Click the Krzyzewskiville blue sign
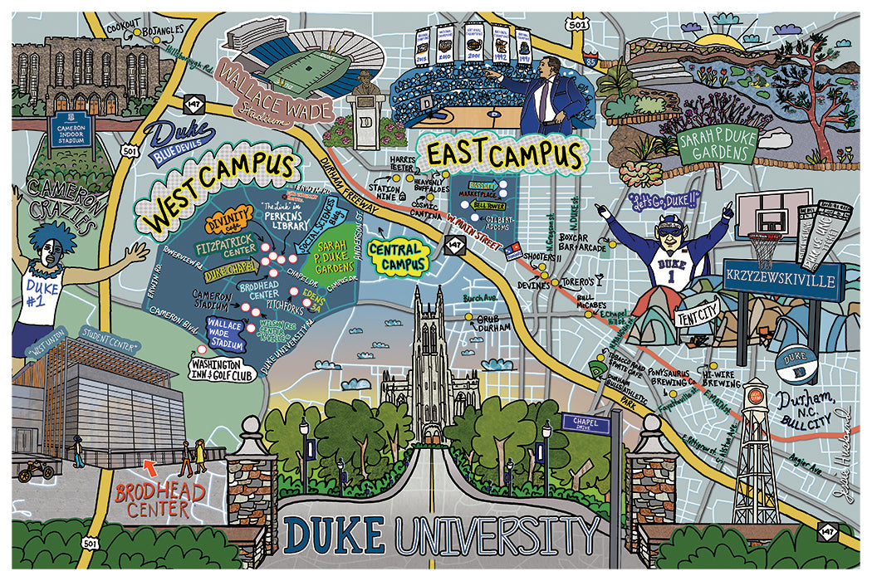coord(784,281)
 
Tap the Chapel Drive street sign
coord(586,422)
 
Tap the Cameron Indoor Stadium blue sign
coord(71,134)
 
